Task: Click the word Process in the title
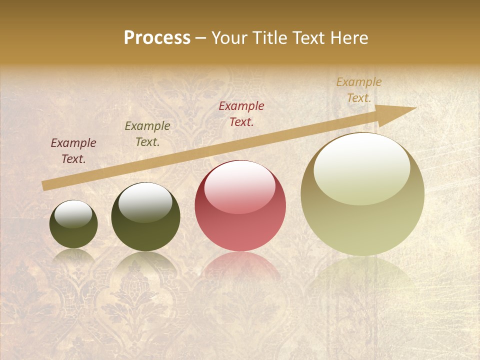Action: (157, 38)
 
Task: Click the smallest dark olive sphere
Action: (73, 224)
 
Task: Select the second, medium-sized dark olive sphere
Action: (145, 216)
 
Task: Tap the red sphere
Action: (240, 205)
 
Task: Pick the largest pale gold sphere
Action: (362, 194)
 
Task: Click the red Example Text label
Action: (241, 113)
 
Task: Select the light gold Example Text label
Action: (358, 90)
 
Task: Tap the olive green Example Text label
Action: (147, 134)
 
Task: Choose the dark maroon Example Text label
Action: (73, 151)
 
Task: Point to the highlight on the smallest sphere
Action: (73, 214)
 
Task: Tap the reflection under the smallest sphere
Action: (73, 256)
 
